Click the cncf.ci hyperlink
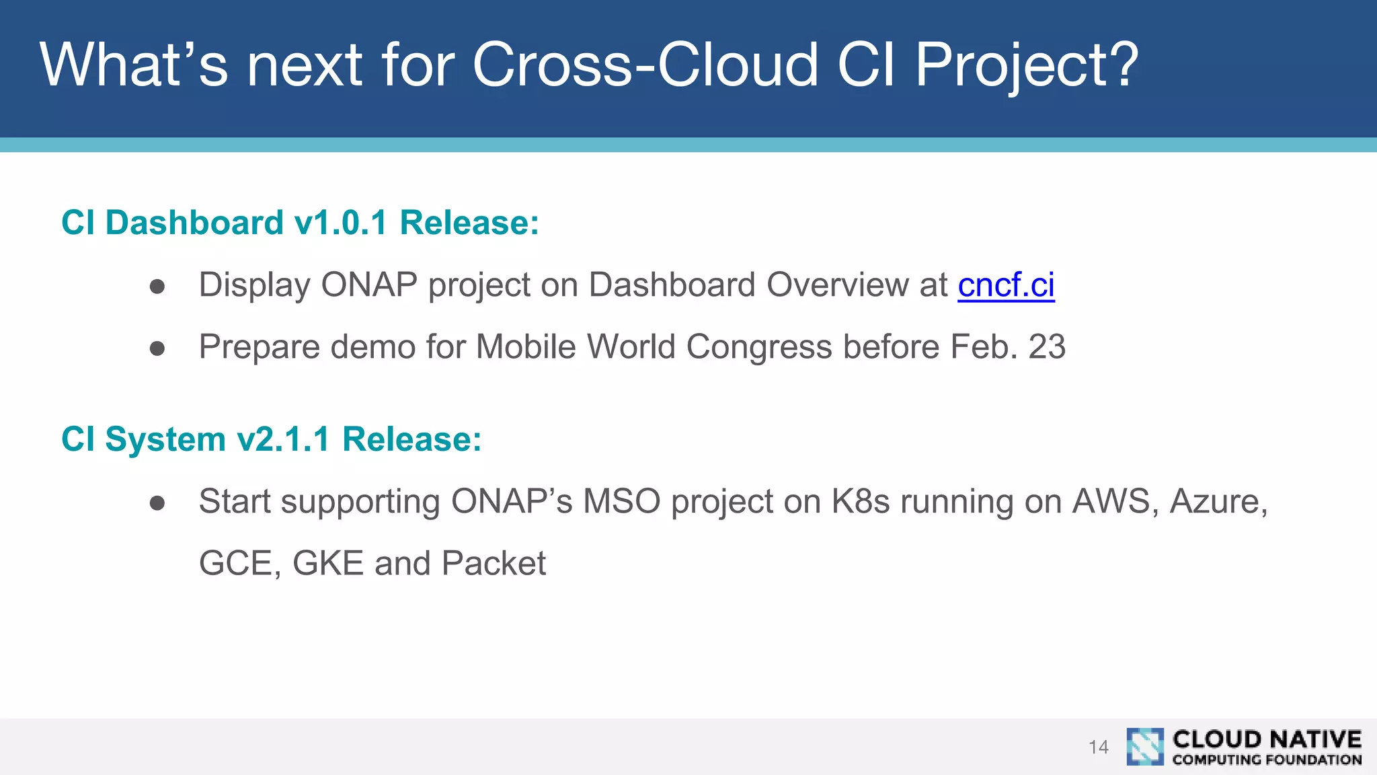1006,285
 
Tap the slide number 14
1098,747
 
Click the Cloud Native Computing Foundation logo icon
1144,747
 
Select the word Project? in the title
1027,66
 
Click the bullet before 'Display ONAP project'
157,287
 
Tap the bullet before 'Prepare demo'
157,348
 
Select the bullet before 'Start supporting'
157,503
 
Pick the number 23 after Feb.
1047,347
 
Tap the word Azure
1217,502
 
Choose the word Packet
494,564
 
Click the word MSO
621,502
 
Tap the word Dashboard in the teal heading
194,223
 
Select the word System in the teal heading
165,439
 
